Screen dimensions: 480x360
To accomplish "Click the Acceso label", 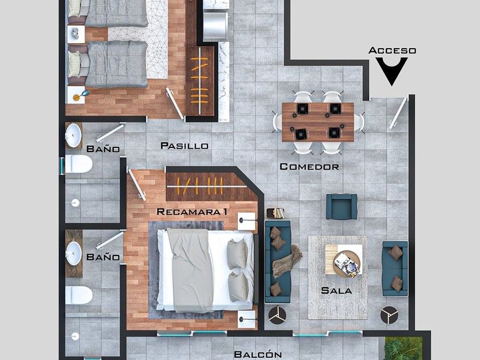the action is click(x=392, y=50).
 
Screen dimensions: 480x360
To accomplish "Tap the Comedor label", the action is click(x=309, y=167).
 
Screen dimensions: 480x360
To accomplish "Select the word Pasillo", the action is click(x=184, y=146).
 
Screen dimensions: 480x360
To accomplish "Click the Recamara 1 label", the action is click(x=192, y=211).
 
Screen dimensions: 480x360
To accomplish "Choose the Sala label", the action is click(x=337, y=290).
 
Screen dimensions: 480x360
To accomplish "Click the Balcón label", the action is click(x=258, y=354).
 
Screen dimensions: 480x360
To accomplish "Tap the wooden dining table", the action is click(x=318, y=122).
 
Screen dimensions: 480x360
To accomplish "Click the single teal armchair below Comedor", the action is click(x=342, y=207).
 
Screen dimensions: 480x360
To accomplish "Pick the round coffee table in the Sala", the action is click(x=346, y=264).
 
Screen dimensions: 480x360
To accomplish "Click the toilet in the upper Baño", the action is click(x=78, y=164).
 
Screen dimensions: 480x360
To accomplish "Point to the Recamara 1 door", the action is click(x=137, y=185).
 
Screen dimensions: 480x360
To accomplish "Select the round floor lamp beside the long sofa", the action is click(x=277, y=315).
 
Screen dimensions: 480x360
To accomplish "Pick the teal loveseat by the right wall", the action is click(x=395, y=269).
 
